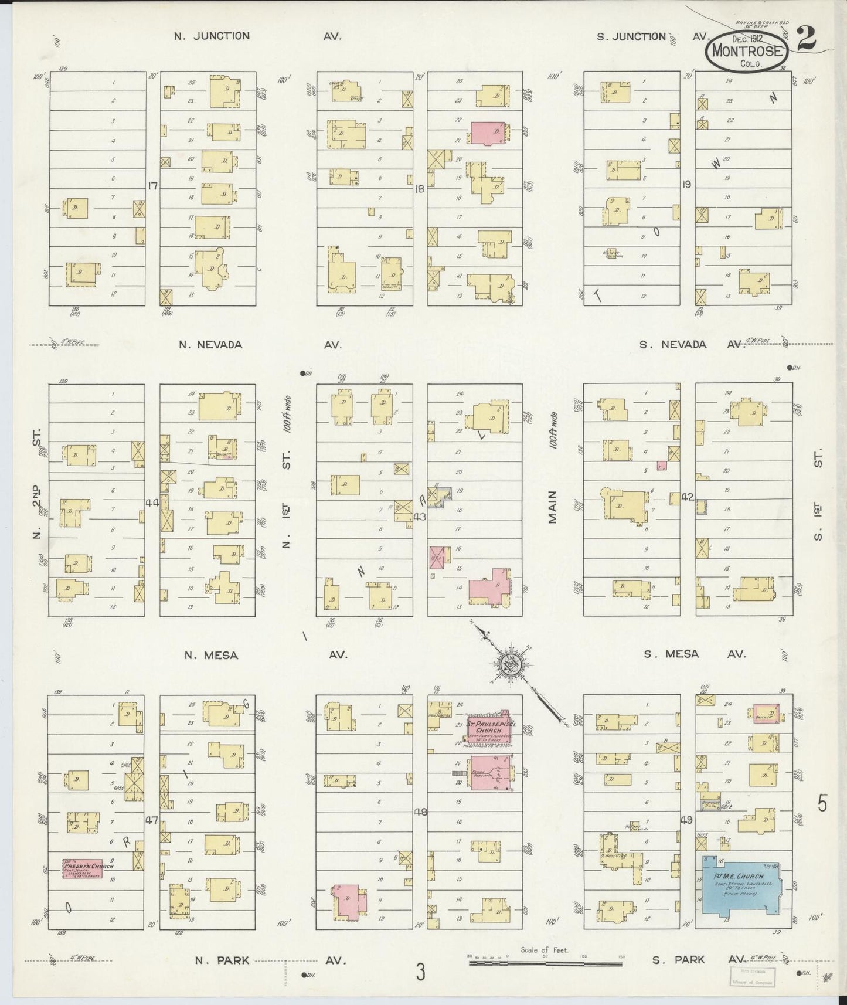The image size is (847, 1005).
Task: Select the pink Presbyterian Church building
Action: point(83,868)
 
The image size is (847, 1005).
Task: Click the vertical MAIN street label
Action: point(553,508)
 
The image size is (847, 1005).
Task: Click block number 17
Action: point(153,186)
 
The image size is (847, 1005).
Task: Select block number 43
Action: point(419,517)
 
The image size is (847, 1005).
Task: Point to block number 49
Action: point(687,819)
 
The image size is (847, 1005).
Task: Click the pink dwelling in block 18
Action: point(488,133)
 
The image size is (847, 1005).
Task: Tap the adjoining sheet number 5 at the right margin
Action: point(822,803)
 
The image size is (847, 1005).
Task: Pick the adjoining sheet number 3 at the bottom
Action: point(420,973)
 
